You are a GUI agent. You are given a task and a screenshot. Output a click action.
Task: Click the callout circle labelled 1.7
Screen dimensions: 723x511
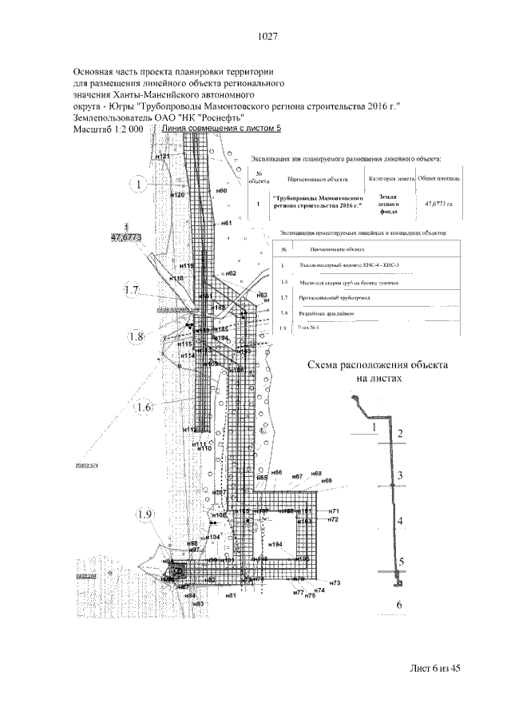[132, 290]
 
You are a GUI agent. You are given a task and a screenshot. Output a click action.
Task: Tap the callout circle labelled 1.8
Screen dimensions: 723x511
[137, 338]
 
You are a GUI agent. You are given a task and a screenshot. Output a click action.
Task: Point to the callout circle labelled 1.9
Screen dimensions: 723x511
[145, 514]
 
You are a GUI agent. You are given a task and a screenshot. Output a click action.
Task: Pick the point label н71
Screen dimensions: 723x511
[335, 511]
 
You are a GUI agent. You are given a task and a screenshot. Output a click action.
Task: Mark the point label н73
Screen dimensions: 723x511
[335, 583]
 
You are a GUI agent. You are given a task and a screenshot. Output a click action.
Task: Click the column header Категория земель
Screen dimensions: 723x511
[390, 180]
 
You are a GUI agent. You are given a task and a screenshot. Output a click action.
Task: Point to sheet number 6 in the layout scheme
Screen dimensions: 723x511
[399, 606]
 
